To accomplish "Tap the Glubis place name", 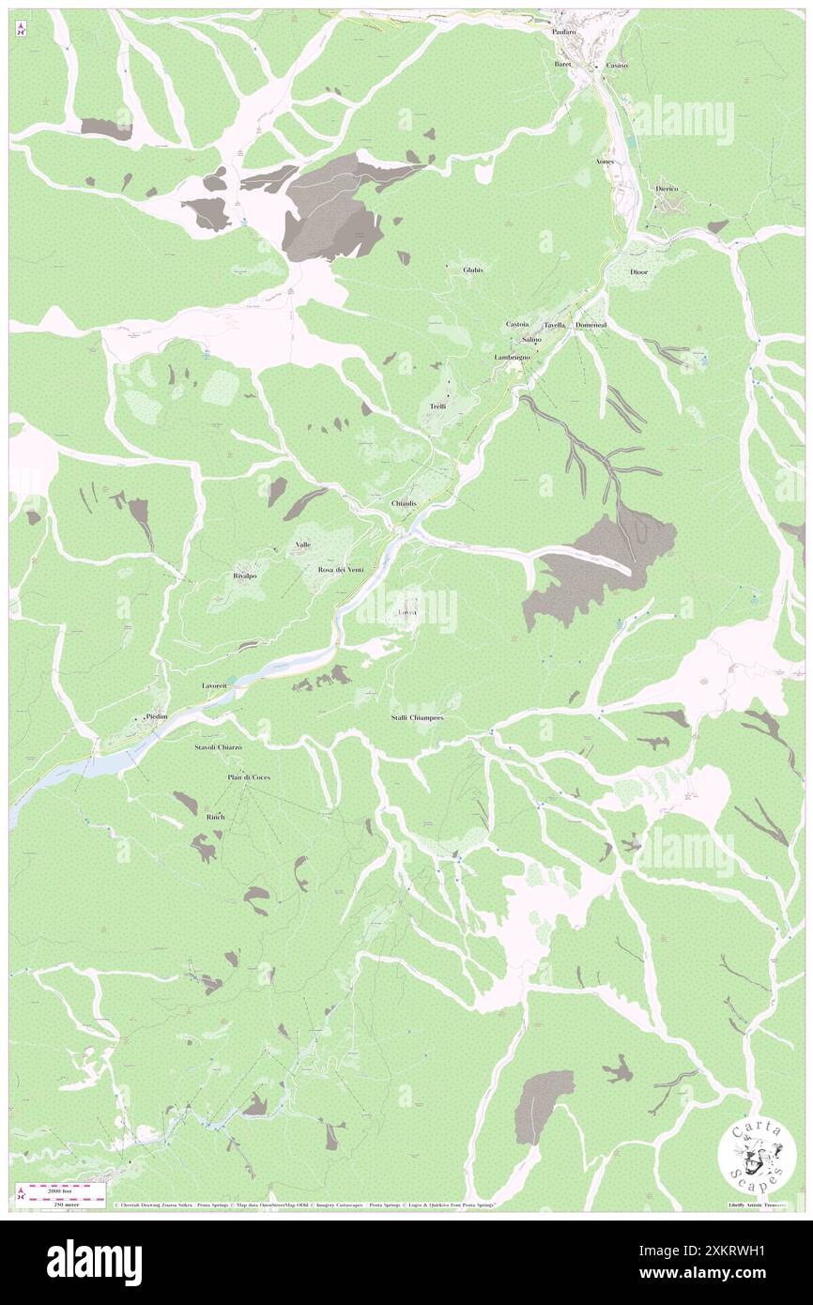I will [472, 269].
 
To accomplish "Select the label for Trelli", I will [437, 407].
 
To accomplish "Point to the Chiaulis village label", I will [404, 503].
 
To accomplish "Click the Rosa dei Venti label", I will [340, 570].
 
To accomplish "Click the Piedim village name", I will [157, 716].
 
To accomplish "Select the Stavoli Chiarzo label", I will [218, 746].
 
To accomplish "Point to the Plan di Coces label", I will [248, 777].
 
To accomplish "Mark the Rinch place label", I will [215, 817].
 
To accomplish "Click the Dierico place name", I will [667, 189].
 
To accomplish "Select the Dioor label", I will [639, 272].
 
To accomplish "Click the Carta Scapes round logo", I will [758, 1156].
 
